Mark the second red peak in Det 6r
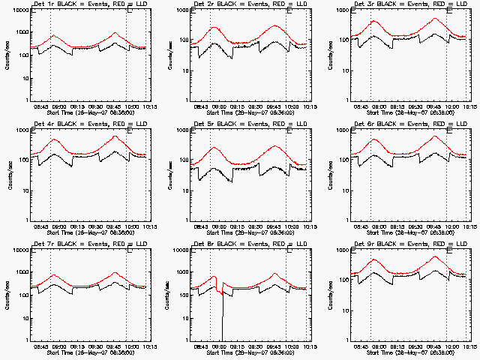click(435, 136)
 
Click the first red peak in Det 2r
click(214, 27)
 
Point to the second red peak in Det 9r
click(435, 256)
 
